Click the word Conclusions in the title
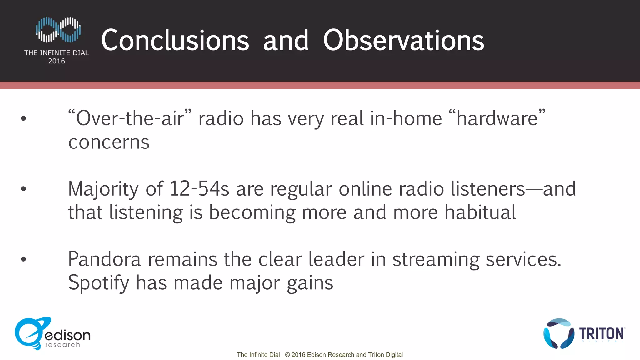tap(175, 41)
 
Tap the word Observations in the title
tap(403, 41)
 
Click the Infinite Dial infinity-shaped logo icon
tap(58, 30)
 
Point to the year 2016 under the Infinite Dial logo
tap(57, 61)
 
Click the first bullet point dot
tap(23, 118)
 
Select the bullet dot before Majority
tap(23, 189)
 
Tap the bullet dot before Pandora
tap(23, 259)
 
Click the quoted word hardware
tap(497, 118)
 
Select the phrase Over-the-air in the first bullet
tap(130, 118)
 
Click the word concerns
tap(109, 142)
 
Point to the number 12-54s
tap(199, 189)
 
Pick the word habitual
tap(480, 212)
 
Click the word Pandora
tap(104, 259)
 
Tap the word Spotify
tap(98, 283)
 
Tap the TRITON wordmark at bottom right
tap(602, 334)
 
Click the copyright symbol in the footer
tap(287, 355)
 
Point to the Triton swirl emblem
tap(559, 333)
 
